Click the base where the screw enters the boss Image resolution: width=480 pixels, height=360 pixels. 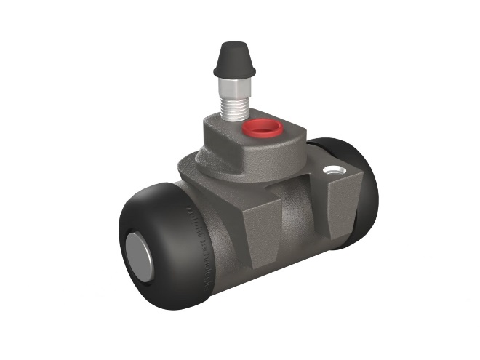pos(235,121)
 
